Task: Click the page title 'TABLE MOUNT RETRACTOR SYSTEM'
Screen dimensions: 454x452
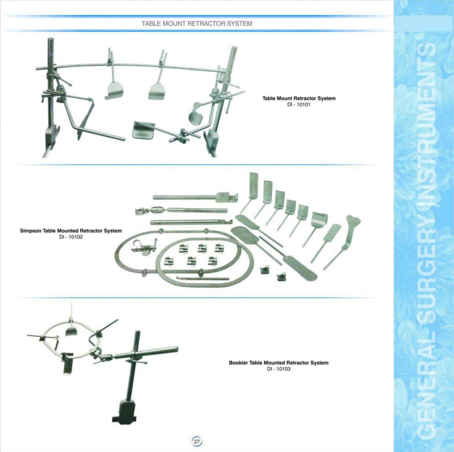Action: click(197, 23)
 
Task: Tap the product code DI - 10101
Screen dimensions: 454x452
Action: click(299, 105)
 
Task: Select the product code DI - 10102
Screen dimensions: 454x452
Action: click(71, 237)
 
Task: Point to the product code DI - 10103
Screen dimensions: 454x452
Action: click(279, 369)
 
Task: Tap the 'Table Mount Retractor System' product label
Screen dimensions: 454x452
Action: click(299, 98)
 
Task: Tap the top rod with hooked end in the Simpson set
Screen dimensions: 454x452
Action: click(196, 197)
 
